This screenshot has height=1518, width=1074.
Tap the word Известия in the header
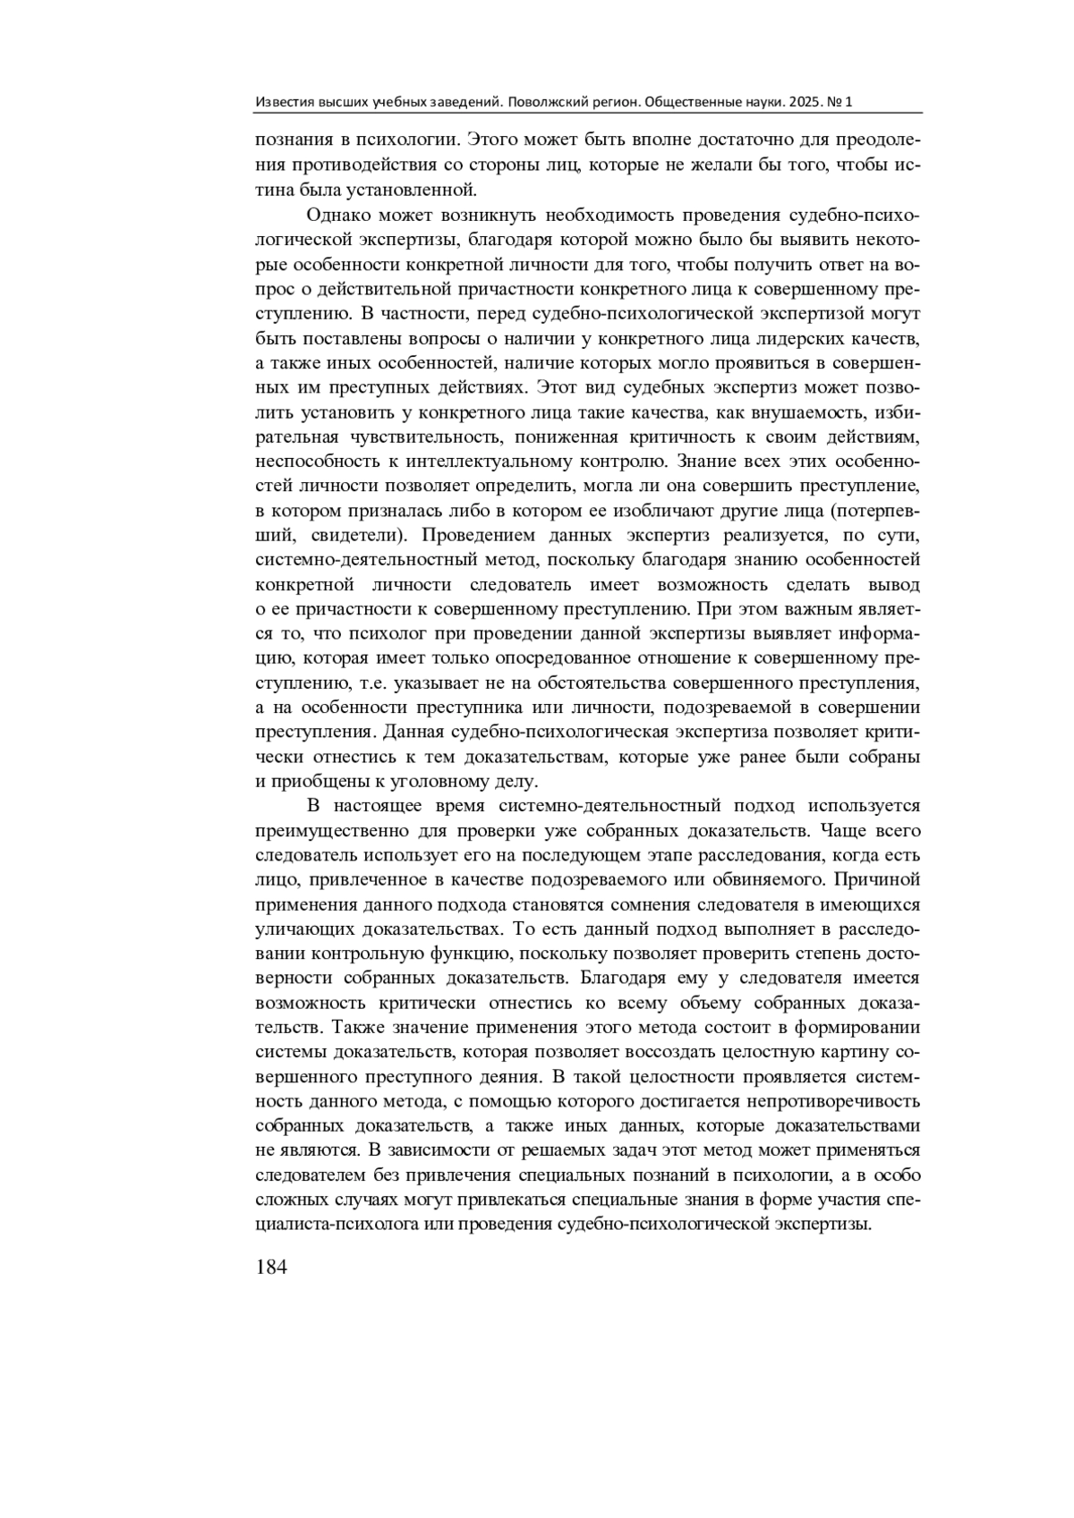(x=282, y=102)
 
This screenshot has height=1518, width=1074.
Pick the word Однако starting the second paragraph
(x=337, y=216)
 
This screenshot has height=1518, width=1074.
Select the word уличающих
(x=302, y=904)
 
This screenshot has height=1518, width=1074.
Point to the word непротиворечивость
(x=829, y=1101)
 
